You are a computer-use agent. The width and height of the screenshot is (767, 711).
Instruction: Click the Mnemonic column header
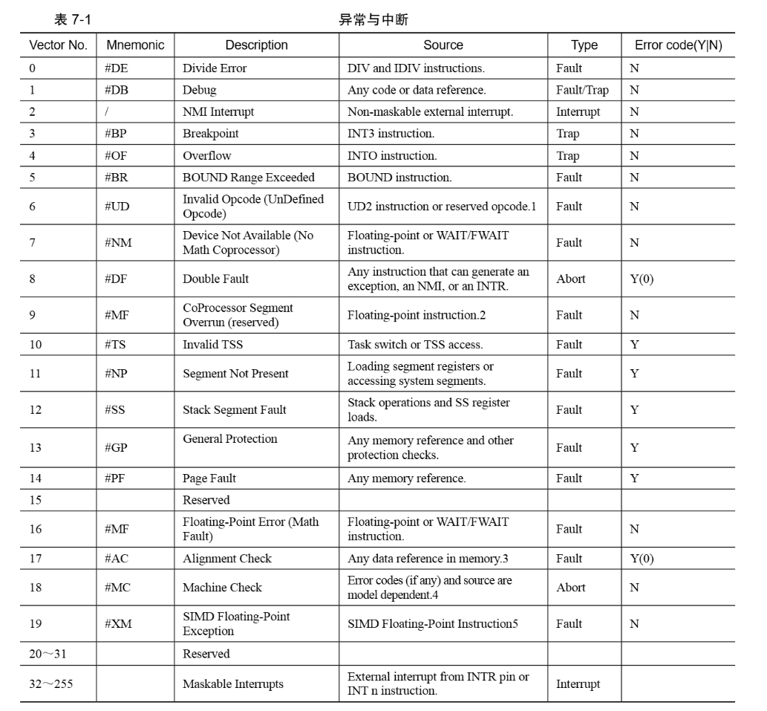tap(135, 45)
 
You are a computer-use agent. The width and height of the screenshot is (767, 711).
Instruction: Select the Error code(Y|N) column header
tap(677, 45)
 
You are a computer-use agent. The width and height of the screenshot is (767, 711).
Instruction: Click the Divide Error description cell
tap(215, 68)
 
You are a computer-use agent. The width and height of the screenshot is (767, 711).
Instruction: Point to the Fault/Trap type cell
tap(581, 90)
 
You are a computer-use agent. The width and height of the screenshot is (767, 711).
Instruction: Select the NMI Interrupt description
tap(218, 111)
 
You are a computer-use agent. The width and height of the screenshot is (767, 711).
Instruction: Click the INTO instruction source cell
tap(392, 156)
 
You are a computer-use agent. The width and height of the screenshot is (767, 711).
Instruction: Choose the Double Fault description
tap(216, 279)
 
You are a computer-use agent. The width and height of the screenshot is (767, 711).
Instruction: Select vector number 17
tap(36, 559)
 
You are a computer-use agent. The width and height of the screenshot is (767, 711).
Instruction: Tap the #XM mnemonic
tap(118, 624)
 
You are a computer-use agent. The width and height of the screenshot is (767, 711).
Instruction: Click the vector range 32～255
tap(51, 684)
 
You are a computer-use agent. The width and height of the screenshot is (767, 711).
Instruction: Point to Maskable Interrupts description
tap(233, 684)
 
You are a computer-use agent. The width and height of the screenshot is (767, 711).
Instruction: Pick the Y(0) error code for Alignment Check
tap(642, 559)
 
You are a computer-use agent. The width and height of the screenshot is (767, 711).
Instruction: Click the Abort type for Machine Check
tap(570, 588)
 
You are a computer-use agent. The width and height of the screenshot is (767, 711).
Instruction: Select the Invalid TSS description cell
tap(212, 345)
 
